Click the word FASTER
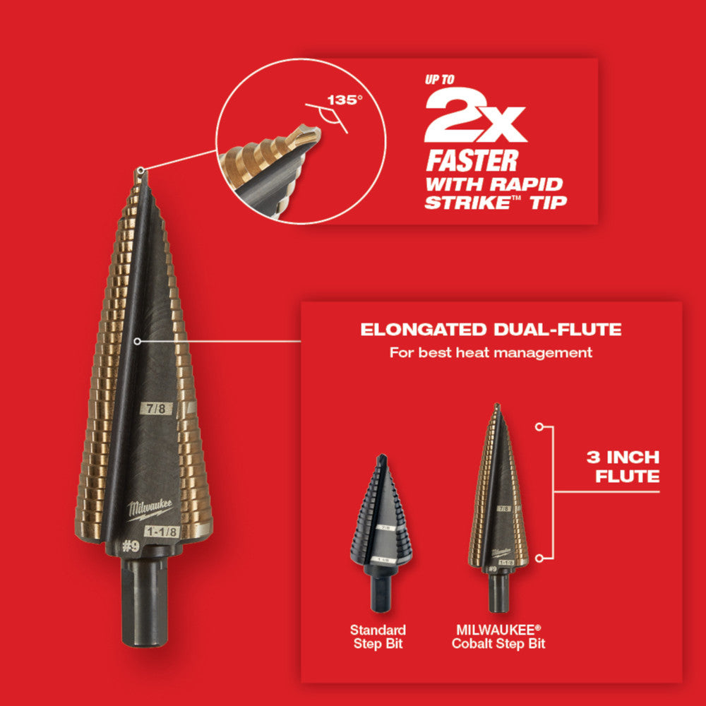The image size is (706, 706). click(471, 161)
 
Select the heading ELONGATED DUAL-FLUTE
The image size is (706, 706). click(491, 329)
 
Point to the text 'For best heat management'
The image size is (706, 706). click(491, 352)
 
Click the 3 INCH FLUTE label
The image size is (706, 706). click(623, 467)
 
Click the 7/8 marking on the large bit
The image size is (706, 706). click(156, 407)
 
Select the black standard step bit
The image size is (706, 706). click(381, 522)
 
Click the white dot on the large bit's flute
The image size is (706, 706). click(136, 340)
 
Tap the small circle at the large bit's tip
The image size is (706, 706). click(141, 169)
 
